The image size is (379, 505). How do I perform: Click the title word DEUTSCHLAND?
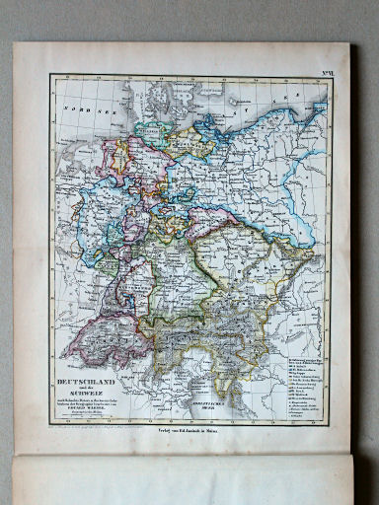point(95,377)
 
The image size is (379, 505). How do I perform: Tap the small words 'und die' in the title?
point(95,383)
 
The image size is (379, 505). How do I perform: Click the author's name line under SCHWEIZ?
point(95,405)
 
